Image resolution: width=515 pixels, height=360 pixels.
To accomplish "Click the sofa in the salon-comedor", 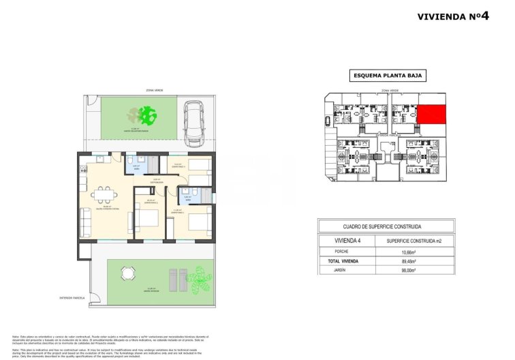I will (x=85, y=223).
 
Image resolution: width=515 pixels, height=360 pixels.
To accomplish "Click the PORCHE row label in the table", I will (x=344, y=252).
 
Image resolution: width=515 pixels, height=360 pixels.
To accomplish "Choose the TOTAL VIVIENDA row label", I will (x=344, y=260).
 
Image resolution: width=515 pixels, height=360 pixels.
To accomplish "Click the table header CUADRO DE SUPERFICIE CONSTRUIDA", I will (x=384, y=226).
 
